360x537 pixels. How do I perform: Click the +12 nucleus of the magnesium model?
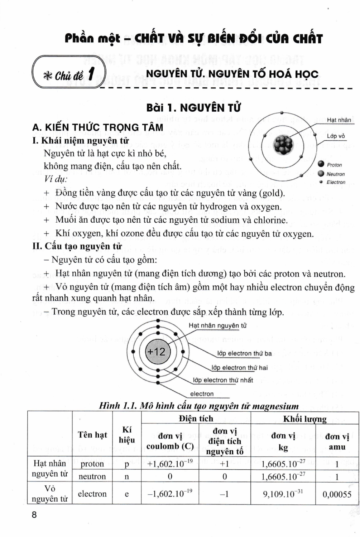click(157, 352)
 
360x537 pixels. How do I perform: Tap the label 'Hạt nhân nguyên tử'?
click(217, 325)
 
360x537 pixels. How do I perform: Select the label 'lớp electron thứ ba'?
click(244, 353)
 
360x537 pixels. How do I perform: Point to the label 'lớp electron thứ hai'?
click(239, 368)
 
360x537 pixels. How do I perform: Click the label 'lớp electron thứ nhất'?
click(223, 380)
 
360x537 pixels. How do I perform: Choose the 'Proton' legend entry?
click(334, 165)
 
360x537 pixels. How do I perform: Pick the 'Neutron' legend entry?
click(335, 174)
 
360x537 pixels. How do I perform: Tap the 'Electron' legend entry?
click(336, 182)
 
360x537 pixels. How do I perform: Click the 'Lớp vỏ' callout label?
click(336, 136)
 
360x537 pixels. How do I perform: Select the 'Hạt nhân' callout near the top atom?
click(339, 120)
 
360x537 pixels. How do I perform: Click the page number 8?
click(34, 515)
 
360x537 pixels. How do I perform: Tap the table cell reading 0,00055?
click(337, 494)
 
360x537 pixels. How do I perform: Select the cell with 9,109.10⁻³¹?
click(283, 494)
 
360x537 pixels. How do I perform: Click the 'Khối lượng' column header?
click(304, 419)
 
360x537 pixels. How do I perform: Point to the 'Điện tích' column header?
click(196, 419)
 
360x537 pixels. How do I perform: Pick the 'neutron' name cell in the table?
click(92, 476)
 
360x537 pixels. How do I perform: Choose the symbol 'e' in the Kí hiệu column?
click(126, 494)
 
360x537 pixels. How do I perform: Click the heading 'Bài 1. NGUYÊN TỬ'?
click(193, 107)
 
